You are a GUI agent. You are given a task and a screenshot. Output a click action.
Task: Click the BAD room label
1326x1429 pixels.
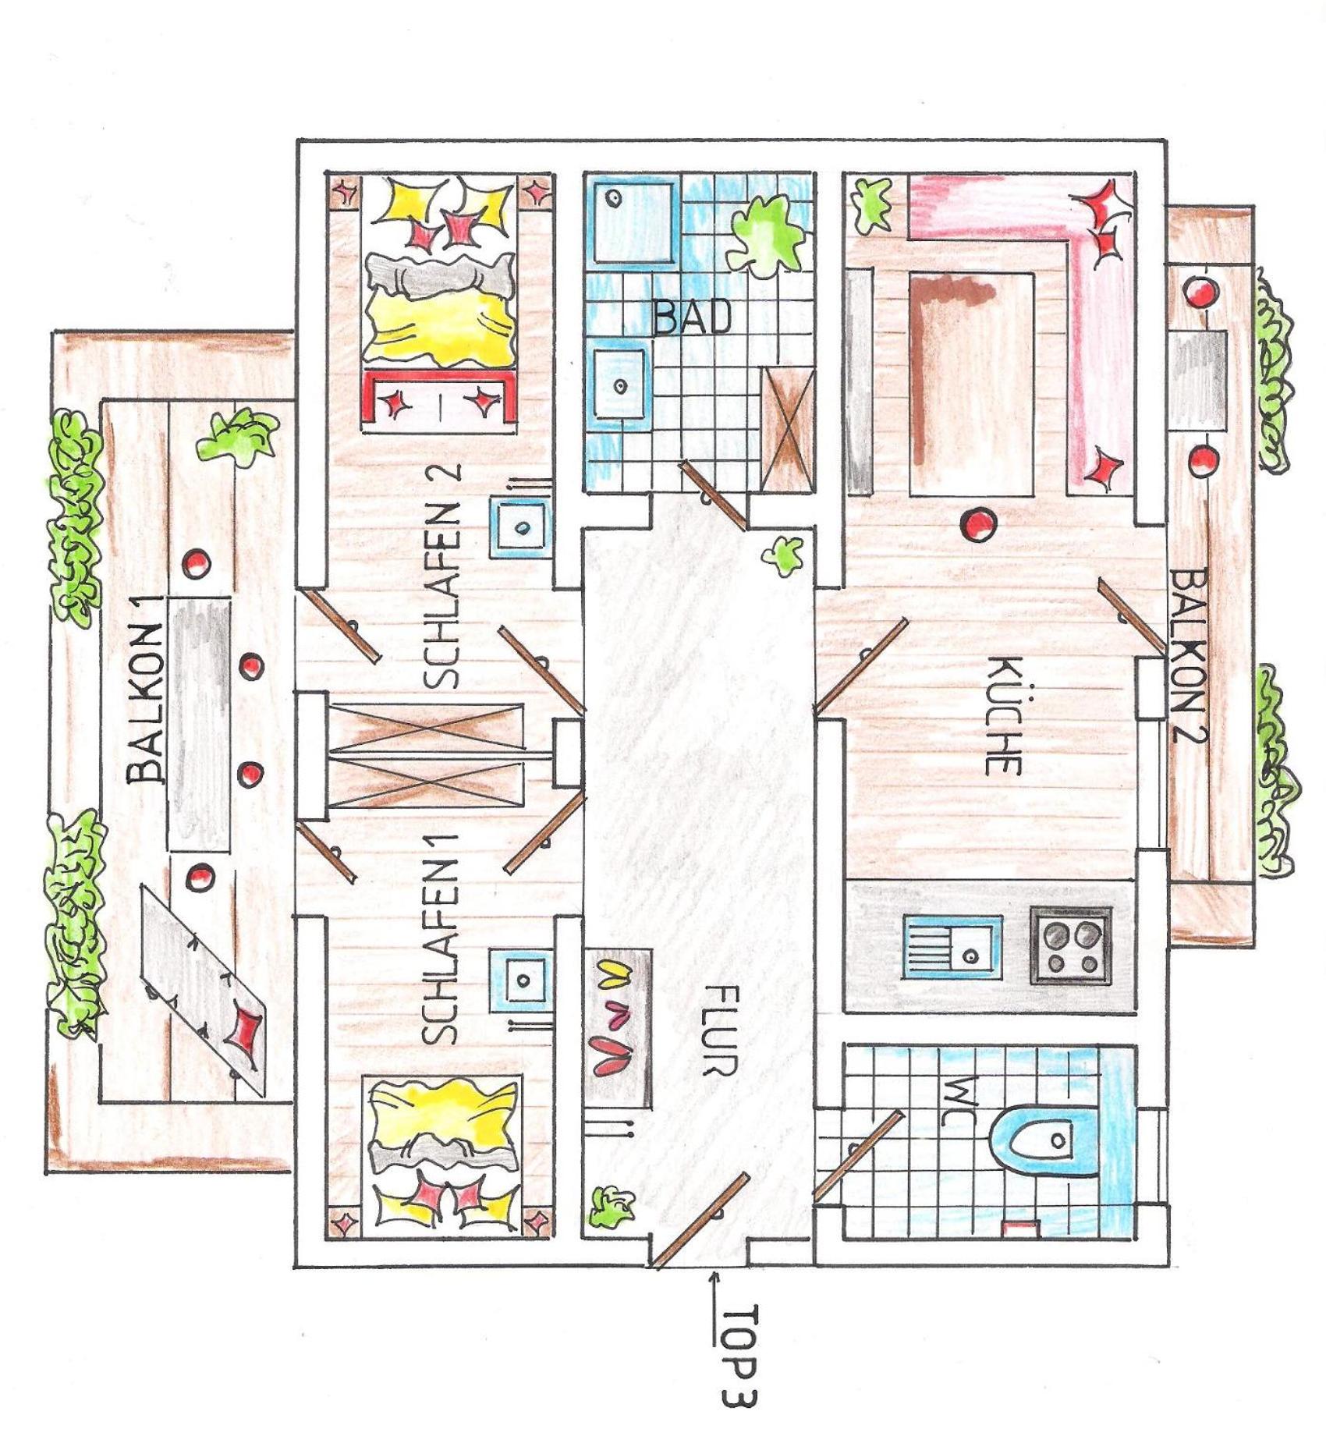tap(693, 317)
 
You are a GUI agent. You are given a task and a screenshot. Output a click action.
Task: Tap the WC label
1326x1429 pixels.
tap(956, 1101)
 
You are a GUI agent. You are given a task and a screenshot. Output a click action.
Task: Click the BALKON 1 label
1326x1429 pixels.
tap(146, 689)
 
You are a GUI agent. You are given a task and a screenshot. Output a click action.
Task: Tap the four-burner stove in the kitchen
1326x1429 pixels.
tap(1070, 945)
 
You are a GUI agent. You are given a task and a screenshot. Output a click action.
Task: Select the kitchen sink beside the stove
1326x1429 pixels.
tap(952, 946)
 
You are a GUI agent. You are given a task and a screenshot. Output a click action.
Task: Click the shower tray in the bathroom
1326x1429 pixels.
tap(633, 222)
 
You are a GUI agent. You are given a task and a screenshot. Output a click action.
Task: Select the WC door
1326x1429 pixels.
tap(857, 1153)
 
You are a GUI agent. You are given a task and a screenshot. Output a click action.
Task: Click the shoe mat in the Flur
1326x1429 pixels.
tap(618, 1028)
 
